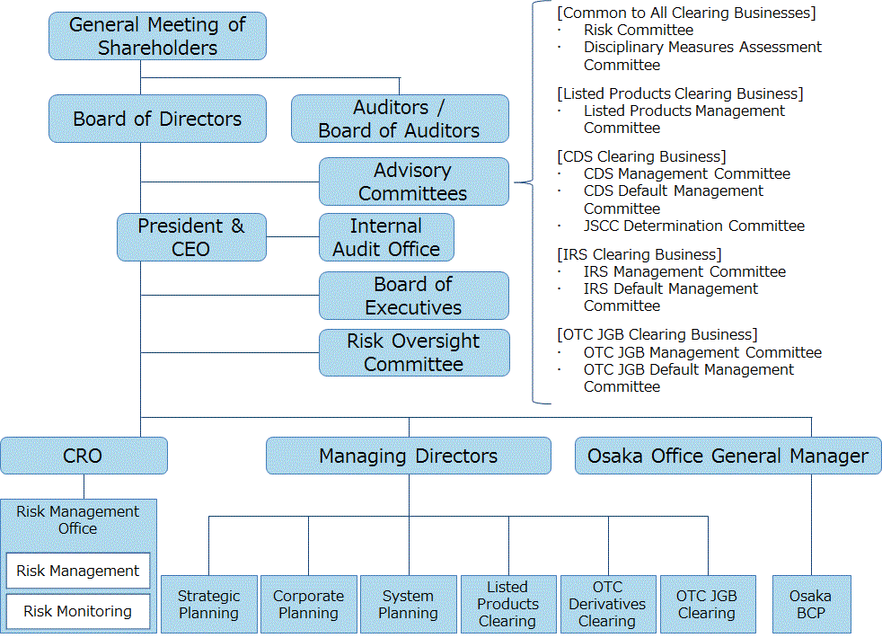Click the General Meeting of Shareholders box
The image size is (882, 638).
(x=157, y=36)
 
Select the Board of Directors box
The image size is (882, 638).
(x=157, y=119)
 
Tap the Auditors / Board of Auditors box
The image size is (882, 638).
(x=400, y=119)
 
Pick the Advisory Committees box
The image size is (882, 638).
(x=414, y=182)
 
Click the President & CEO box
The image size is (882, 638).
(x=192, y=237)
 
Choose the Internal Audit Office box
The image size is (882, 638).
(x=386, y=237)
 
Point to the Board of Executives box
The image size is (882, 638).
(x=414, y=296)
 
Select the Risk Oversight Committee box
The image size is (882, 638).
(x=414, y=353)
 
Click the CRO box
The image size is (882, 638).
(x=84, y=456)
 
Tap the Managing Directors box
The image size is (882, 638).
(x=409, y=456)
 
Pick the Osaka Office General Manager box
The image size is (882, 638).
(x=728, y=456)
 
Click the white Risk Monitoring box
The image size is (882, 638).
(x=78, y=611)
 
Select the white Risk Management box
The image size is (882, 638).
(x=78, y=571)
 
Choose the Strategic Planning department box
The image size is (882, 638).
(x=209, y=604)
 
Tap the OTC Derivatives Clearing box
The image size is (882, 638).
(x=608, y=604)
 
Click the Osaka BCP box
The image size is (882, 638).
(x=812, y=604)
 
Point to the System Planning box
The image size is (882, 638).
(x=409, y=604)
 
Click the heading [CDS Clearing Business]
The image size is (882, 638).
(x=642, y=156)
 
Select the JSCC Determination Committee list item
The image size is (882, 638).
(x=694, y=226)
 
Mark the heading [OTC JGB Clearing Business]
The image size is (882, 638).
(x=657, y=335)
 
